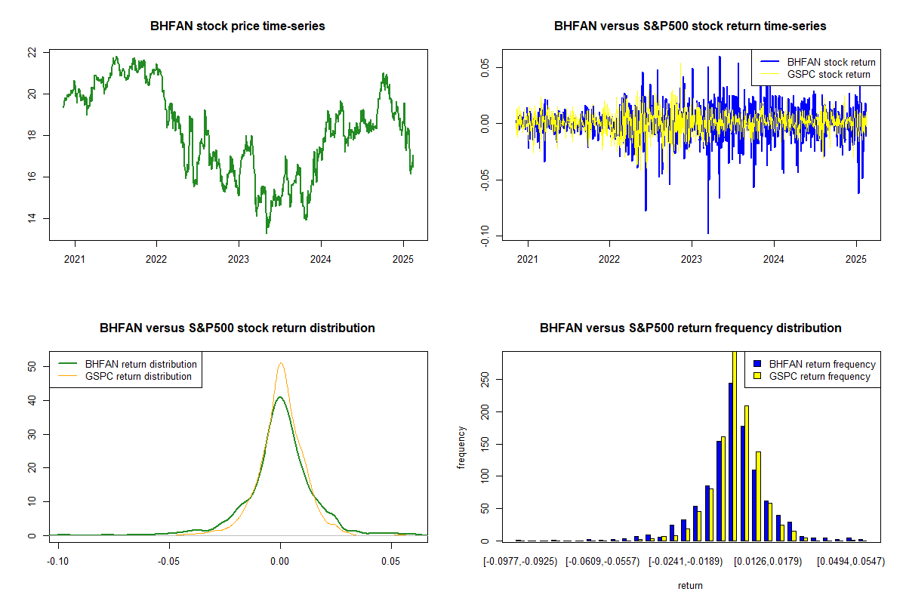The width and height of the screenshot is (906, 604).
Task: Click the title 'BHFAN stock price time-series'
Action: (238, 26)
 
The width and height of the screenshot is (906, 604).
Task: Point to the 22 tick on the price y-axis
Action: (32, 53)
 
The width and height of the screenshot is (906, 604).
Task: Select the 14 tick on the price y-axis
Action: (32, 219)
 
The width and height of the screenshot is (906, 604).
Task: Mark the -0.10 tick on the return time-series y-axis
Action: (485, 236)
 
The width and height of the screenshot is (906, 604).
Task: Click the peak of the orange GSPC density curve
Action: (281, 363)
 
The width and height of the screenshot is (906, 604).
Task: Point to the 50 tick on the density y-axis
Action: (32, 366)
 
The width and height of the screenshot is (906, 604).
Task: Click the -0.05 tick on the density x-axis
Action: (169, 562)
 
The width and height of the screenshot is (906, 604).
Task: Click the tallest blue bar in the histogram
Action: (731, 461)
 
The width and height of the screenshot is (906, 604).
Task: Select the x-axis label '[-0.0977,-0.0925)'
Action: (521, 562)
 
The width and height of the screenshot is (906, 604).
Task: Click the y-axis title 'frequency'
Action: (461, 447)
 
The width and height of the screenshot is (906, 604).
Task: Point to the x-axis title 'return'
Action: (690, 585)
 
